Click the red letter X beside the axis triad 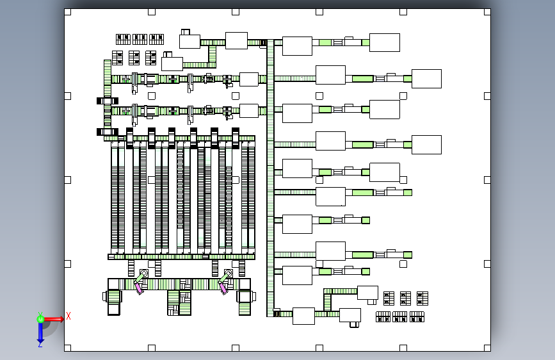68,316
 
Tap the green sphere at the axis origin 40,319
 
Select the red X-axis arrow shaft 52,319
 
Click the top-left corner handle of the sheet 68,12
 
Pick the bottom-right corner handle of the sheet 487,348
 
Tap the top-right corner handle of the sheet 487,12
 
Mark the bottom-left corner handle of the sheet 68,348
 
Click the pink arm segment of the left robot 138,288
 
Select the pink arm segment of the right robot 223,288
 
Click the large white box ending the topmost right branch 385,42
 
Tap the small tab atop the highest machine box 186,32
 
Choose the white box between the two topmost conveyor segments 236,41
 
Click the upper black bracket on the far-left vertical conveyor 108,101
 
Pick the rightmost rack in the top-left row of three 156,39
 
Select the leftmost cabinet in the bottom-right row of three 383,317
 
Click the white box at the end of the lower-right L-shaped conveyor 367,293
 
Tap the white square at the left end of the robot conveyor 113,284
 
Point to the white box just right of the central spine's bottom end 303,316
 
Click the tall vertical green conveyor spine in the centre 270,178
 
